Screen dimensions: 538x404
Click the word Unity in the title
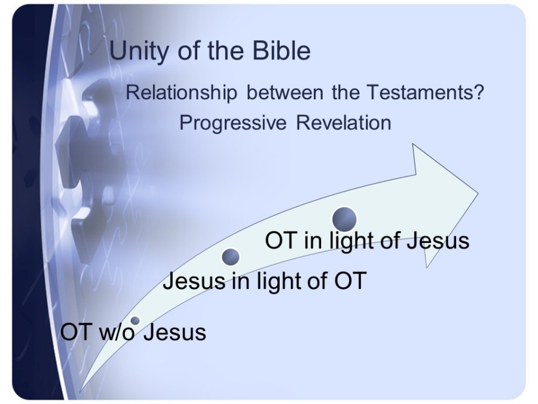pyautogui.click(x=139, y=51)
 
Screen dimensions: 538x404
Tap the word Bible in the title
pyautogui.click(x=282, y=50)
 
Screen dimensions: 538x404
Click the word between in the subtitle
pyautogui.click(x=285, y=92)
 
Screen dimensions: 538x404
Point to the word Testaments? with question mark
pyautogui.click(x=426, y=92)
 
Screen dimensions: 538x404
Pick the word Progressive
pyautogui.click(x=233, y=123)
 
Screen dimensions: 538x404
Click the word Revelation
pyautogui.click(x=344, y=123)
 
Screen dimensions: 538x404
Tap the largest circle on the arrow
pyautogui.click(x=344, y=219)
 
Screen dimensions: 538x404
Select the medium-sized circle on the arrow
pyautogui.click(x=231, y=257)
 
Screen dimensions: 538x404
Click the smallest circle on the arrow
pyautogui.click(x=136, y=321)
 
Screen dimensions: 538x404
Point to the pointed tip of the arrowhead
pyautogui.click(x=478, y=193)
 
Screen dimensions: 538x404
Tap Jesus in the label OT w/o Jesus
pyautogui.click(x=175, y=332)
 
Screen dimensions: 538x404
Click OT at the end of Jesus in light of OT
pyautogui.click(x=350, y=281)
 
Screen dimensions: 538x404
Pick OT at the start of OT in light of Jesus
pyautogui.click(x=281, y=240)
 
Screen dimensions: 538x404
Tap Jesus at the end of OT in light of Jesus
pyautogui.click(x=438, y=240)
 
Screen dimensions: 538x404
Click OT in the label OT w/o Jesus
pyautogui.click(x=76, y=332)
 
